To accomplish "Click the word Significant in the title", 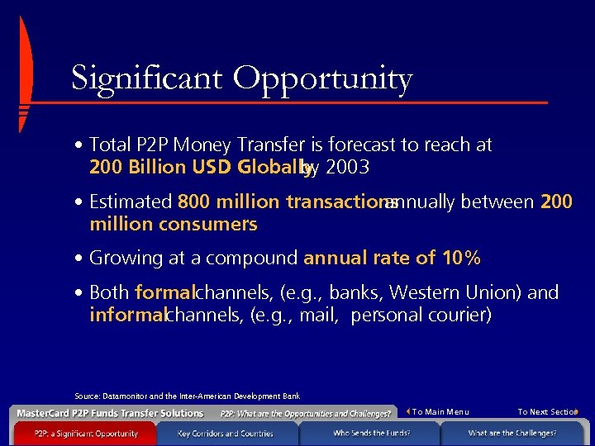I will pos(146,78).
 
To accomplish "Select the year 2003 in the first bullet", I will pos(347,168).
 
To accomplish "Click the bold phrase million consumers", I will pos(174,224).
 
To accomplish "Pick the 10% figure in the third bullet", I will pos(460,258).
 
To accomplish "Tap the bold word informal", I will pos(126,315).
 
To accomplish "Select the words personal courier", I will pos(421,315).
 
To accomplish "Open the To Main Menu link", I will pos(440,412).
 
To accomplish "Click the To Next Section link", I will pos(546,412).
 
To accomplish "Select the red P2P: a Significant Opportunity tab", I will pos(86,434).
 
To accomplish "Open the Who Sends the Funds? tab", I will pos(371,434).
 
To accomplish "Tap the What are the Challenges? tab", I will pos(512,434).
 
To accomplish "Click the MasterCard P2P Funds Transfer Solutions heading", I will pos(110,413).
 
